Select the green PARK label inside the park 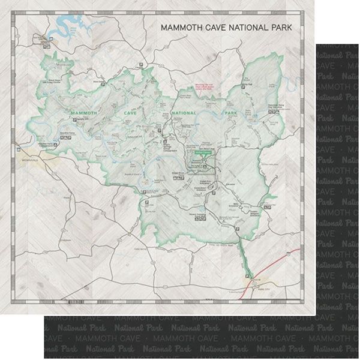pos(231,112)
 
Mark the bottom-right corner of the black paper pos(358,358)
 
